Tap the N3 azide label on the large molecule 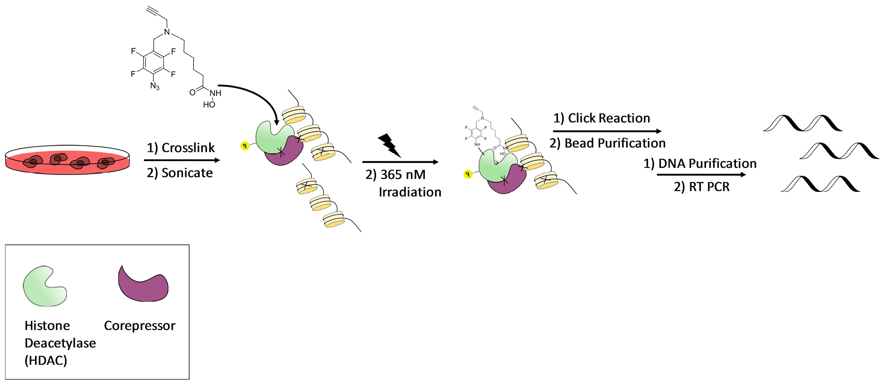tap(155, 86)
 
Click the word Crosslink tap(188, 148)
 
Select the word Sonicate tap(187, 173)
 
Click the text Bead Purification tap(615, 143)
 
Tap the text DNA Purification tap(707, 164)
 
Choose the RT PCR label tap(709, 187)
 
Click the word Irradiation tap(410, 192)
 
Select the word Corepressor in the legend tap(140, 326)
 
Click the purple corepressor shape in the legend tap(144, 285)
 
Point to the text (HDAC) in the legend tap(46, 360)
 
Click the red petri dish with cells tap(67, 161)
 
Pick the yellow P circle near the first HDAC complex tap(245, 146)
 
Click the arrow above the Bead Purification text tap(607, 131)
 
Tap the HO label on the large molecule tap(209, 105)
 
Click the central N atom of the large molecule tap(167, 32)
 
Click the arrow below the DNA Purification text tap(701, 175)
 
